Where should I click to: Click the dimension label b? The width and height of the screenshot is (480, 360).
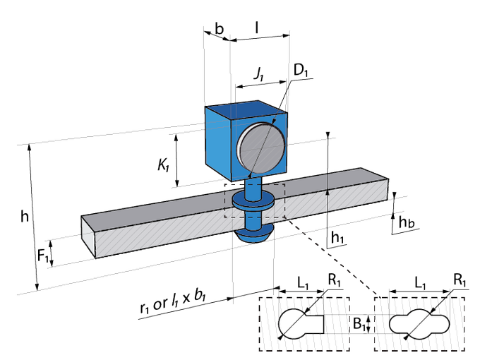coord(220,29)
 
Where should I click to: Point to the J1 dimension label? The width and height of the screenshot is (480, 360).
coord(258,73)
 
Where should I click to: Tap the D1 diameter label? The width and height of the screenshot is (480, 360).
coord(301,71)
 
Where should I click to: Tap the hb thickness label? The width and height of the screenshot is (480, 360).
coord(406,223)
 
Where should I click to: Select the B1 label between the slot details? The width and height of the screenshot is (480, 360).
coord(359,324)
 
